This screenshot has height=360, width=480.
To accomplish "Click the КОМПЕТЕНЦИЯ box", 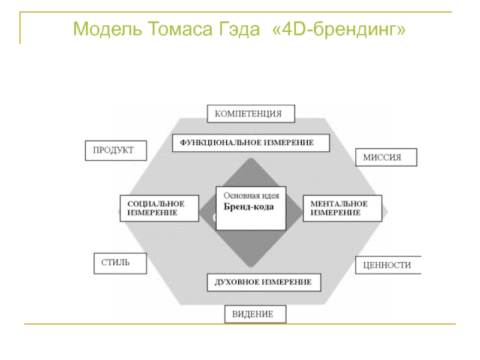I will pos(252,113).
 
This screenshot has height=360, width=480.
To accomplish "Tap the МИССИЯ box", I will pos(386,157).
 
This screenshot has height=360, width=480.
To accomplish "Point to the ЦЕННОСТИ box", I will pos(388,265).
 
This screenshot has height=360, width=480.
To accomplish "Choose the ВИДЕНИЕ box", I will pos(256,314).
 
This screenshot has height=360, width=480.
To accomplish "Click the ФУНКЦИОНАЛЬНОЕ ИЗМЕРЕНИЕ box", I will pos(251,143).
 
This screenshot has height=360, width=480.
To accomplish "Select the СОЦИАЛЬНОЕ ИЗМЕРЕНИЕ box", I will pos(159,208).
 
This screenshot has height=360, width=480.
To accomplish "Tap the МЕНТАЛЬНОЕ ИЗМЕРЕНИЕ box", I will pos(343,208).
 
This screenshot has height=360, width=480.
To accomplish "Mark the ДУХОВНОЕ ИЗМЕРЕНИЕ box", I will pos(263,281).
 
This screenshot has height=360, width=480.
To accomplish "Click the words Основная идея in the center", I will pos(251,196).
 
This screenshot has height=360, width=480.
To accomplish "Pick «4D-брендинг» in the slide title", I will pos(340,28).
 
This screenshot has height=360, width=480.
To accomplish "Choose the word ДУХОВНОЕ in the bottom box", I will pos(237,281).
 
